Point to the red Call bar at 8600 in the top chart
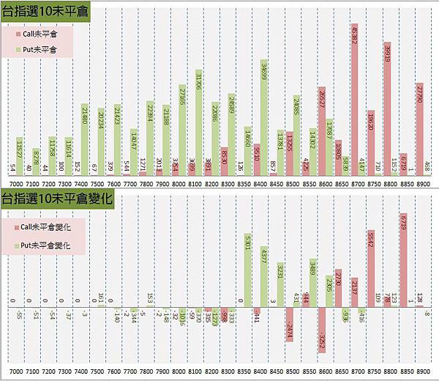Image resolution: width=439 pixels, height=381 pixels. (322, 132)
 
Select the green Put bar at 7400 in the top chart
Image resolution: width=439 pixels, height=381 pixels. (84, 139)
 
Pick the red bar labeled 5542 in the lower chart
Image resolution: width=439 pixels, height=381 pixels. (371, 267)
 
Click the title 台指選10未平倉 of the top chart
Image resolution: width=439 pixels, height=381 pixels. (45, 12)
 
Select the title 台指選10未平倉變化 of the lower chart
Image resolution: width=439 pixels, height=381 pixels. (55, 199)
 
